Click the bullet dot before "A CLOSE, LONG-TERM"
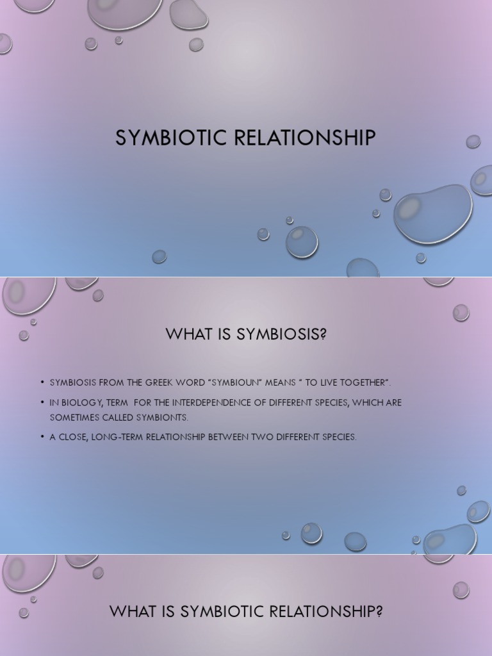(42, 437)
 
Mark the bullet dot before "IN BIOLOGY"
(42, 402)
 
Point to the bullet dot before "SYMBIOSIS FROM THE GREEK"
(42, 382)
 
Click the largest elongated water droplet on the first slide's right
(432, 213)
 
